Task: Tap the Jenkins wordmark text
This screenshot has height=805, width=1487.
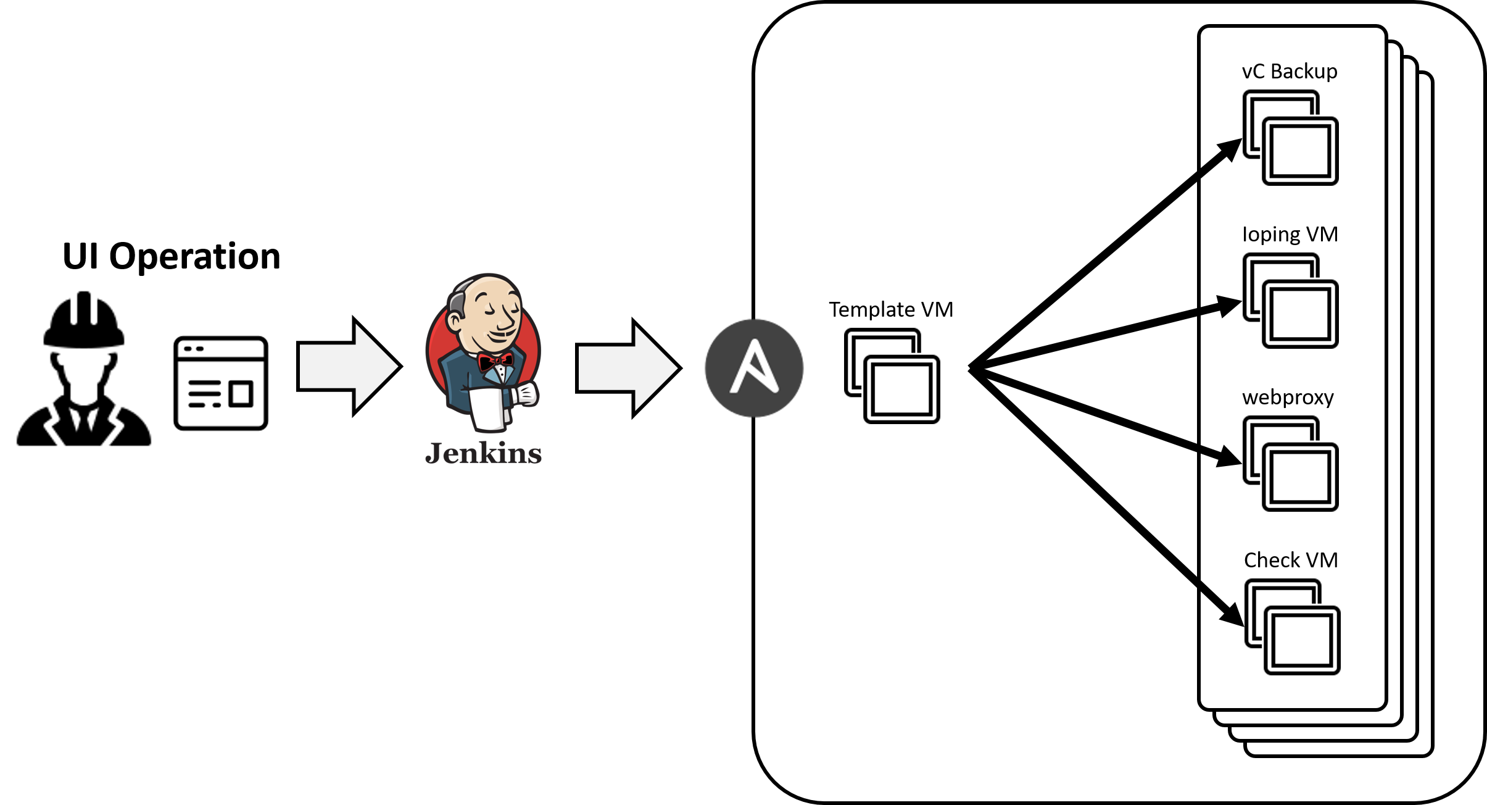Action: pos(483,454)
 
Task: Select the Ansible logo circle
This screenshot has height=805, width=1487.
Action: pos(753,368)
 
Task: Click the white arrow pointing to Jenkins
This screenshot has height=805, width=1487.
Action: pos(349,367)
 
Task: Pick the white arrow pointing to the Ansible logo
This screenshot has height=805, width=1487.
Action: pos(628,369)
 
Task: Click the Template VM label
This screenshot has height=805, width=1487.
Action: pos(891,309)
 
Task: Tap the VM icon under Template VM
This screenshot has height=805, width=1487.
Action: pos(892,376)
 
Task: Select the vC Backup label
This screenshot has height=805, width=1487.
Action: pos(1290,72)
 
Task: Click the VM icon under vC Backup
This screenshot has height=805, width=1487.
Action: pos(1290,138)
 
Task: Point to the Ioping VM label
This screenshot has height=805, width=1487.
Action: pos(1290,235)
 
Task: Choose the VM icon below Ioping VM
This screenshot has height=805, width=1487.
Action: pos(1290,301)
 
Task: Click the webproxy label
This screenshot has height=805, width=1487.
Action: pos(1288,398)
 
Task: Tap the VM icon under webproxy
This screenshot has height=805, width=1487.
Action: pos(1290,464)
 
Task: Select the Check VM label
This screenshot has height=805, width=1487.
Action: pos(1291,560)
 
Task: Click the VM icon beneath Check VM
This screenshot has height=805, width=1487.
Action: pos(1292,627)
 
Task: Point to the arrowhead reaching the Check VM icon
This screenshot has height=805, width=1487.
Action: pos(1232,615)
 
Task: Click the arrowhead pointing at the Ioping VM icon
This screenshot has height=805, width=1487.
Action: pos(1230,306)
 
